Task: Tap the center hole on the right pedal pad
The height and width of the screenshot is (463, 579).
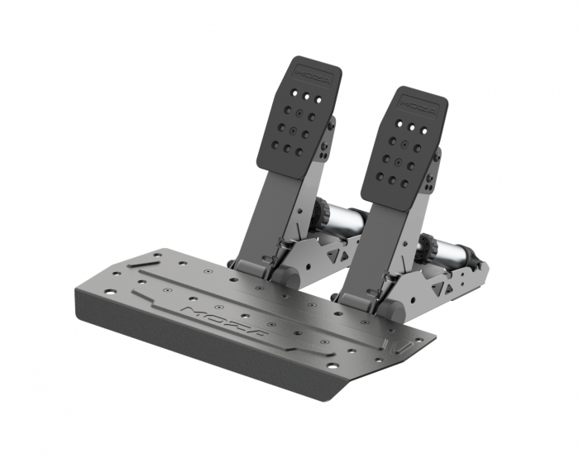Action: (398, 156)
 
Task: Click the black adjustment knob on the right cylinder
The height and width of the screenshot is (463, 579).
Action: (428, 246)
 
